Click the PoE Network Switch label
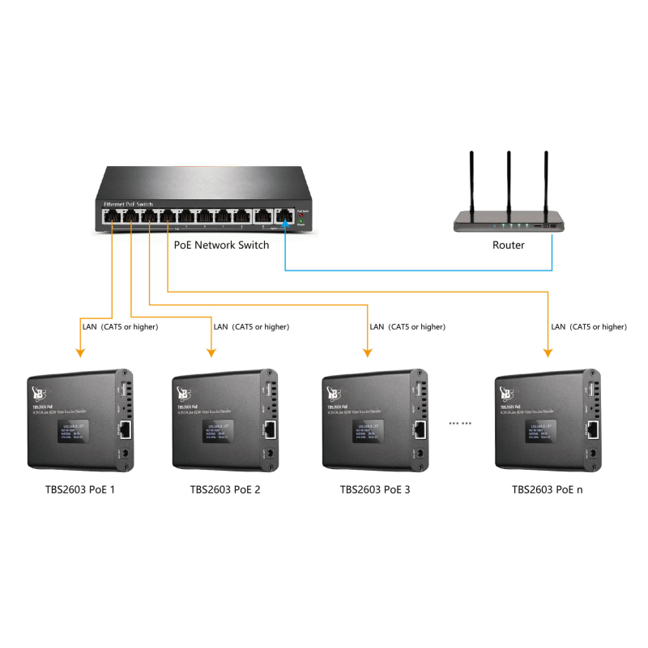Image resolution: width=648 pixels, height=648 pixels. click(221, 245)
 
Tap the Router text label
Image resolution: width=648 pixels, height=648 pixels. click(509, 245)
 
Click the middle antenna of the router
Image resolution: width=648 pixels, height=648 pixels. click(509, 182)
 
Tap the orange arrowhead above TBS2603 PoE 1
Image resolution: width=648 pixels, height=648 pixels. click(79, 352)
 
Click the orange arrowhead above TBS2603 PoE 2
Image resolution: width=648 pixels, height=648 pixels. click(211, 352)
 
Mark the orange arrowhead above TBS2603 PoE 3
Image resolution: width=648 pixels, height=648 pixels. click(367, 352)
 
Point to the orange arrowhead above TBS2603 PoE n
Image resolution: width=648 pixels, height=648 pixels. click(548, 352)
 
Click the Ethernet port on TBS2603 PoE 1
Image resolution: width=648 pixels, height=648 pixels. click(126, 429)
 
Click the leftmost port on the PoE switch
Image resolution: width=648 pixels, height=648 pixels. click(110, 216)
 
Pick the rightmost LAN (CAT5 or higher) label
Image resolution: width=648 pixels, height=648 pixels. click(588, 327)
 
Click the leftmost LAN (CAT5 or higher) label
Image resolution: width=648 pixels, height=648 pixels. click(120, 327)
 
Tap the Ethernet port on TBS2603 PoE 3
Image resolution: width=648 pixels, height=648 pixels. click(420, 429)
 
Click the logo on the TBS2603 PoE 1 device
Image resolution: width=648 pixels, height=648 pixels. click(37, 394)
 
